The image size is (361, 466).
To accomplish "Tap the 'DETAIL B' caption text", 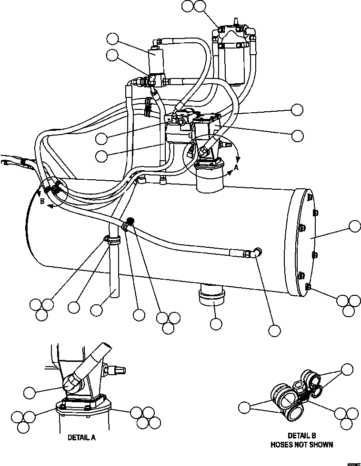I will click(x=301, y=436).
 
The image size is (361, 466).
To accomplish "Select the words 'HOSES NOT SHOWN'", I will click(x=301, y=445).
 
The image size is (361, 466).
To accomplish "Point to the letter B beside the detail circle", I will click(x=42, y=202).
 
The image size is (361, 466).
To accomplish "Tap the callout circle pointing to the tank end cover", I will click(x=355, y=226).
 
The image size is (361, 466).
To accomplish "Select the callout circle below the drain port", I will click(x=216, y=324).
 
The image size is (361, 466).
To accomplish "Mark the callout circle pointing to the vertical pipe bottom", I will click(x=97, y=311).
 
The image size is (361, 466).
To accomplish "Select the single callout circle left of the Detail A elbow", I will click(x=30, y=392).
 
